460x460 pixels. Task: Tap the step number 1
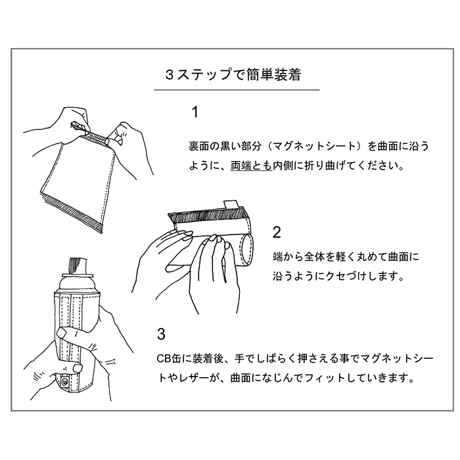(195, 112)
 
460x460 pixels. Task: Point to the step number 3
(162, 333)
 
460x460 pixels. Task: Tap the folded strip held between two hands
(98, 136)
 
